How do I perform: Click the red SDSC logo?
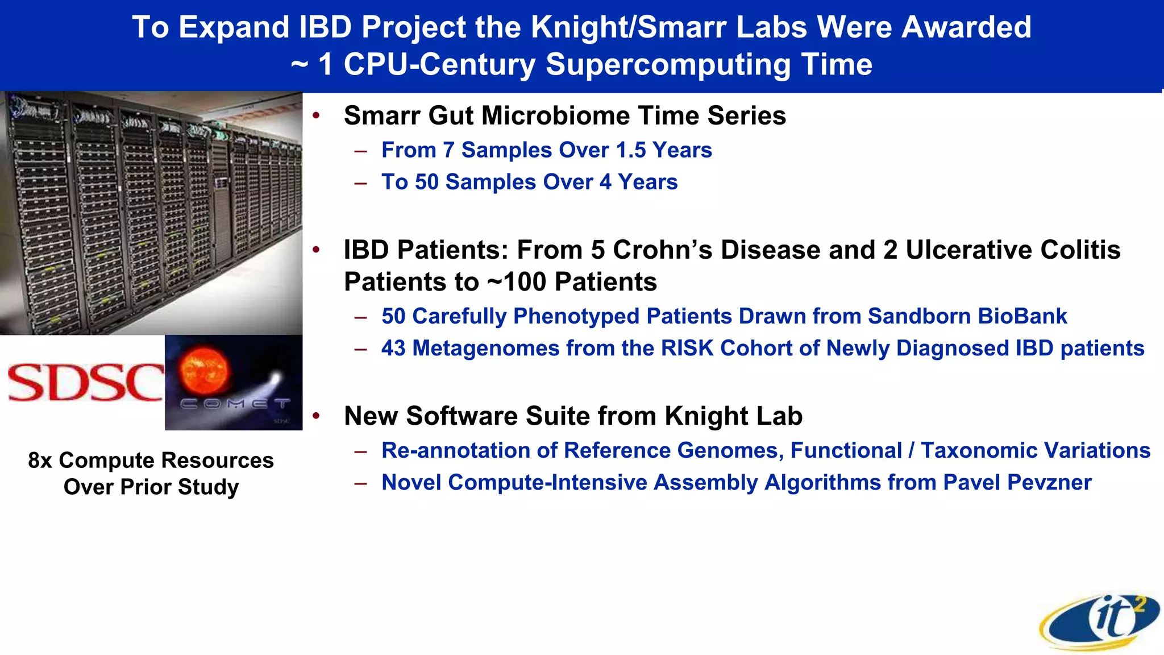click(85, 382)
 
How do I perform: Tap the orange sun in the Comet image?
click(203, 372)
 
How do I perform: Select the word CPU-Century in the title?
click(439, 64)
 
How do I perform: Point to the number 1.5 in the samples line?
click(631, 150)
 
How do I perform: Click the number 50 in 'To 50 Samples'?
click(427, 182)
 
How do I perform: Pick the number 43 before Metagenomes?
click(393, 348)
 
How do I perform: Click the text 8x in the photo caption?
click(40, 461)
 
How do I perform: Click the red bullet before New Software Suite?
click(317, 416)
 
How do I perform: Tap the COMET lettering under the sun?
click(235, 404)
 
